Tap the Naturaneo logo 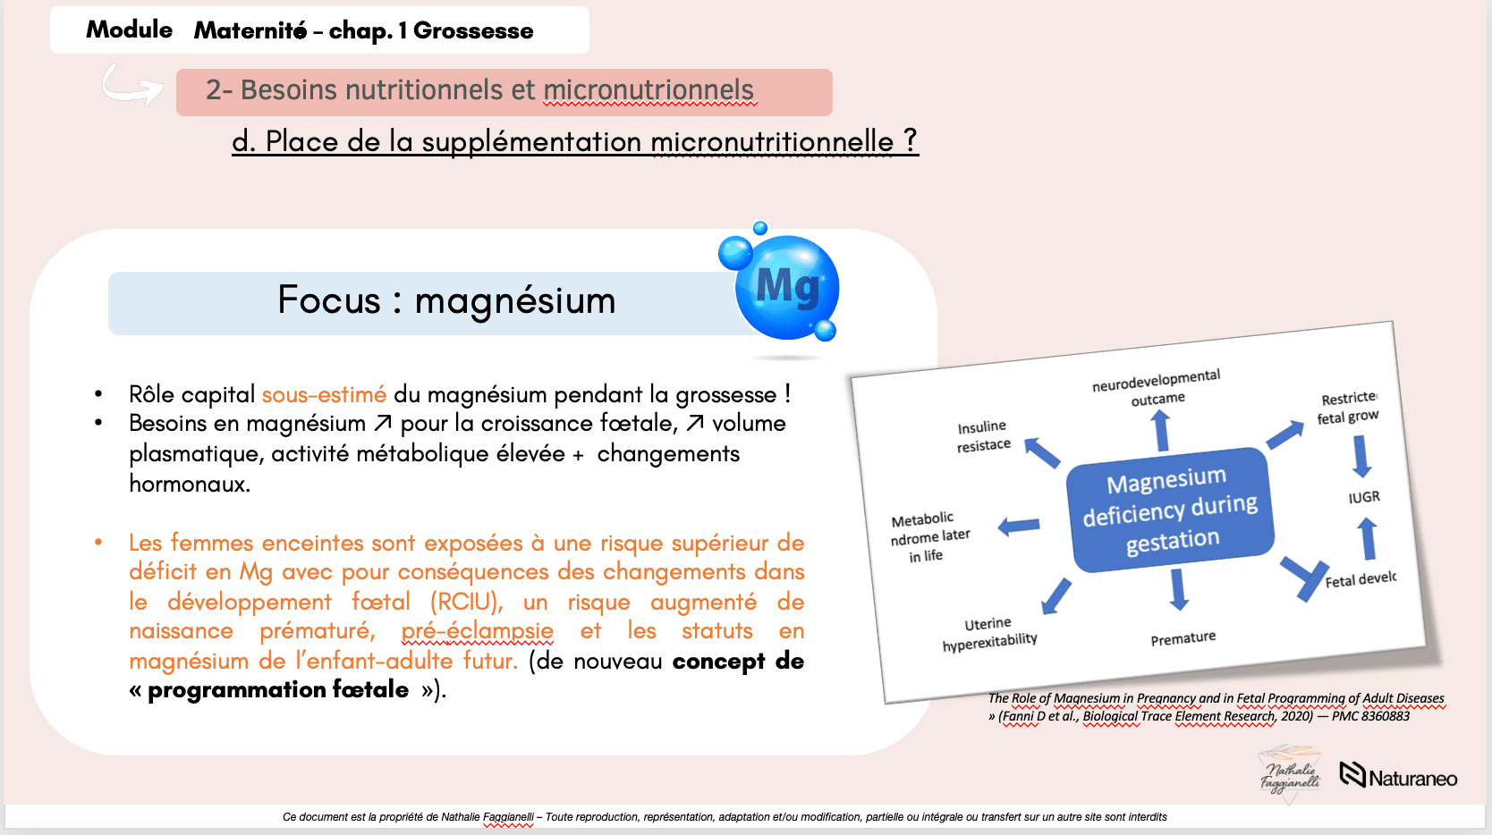click(x=1398, y=776)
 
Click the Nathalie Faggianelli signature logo click(x=1290, y=775)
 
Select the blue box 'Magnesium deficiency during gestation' click(x=1170, y=510)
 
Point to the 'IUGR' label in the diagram click(x=1364, y=497)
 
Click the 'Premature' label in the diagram click(x=1183, y=638)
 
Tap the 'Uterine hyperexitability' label click(x=989, y=634)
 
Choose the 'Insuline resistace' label click(x=983, y=436)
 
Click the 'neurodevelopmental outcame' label click(x=1157, y=387)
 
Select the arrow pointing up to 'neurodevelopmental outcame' click(x=1161, y=430)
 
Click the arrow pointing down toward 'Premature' click(x=1178, y=589)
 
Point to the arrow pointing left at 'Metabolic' click(x=1019, y=527)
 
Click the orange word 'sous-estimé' click(x=324, y=394)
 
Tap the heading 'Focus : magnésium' click(x=446, y=300)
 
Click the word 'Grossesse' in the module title click(x=473, y=30)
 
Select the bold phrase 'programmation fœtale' click(x=278, y=689)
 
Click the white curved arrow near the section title click(x=132, y=85)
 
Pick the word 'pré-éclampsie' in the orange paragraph click(x=477, y=630)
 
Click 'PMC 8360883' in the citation click(x=1370, y=716)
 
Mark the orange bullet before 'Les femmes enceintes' click(x=98, y=543)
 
